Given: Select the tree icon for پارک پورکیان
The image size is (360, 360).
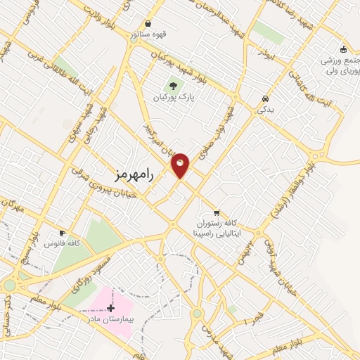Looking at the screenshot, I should pos(173,86).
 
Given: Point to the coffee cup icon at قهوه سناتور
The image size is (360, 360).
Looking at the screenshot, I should pos(147,23).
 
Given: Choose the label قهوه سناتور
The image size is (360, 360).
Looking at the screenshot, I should pos(147,34).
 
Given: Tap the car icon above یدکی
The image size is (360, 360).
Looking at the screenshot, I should pos(264,98).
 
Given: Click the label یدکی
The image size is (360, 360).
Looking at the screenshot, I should pos(265,110).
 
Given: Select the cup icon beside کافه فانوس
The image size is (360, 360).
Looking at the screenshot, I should pos(63,233).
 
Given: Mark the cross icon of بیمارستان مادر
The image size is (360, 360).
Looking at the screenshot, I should pos(110,308).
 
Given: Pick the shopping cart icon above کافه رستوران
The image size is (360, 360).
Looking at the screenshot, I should pos(217,212).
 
